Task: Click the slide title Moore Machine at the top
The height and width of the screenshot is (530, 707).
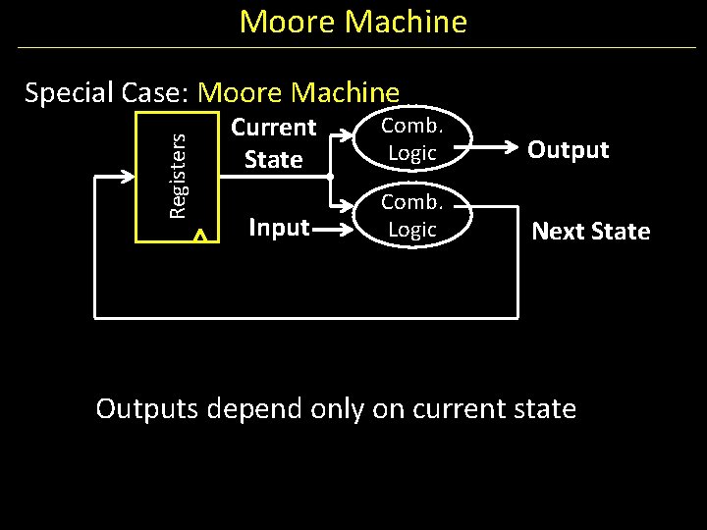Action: tap(353, 22)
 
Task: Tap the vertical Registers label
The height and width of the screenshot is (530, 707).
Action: tap(178, 177)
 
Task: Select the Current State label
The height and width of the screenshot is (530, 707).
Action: tap(273, 143)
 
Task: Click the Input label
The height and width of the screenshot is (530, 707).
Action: tap(279, 228)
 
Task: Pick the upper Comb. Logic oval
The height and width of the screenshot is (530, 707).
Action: tap(411, 139)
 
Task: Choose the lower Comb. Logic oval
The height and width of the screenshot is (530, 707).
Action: tap(411, 216)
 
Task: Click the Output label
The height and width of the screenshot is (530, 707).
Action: tap(568, 150)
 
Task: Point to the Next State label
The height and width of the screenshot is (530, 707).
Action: tap(590, 232)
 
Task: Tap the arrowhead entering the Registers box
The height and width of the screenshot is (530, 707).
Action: tap(129, 177)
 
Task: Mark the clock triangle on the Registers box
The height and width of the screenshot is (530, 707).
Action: tap(200, 236)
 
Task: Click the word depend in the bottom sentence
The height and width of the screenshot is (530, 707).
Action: tap(256, 408)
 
